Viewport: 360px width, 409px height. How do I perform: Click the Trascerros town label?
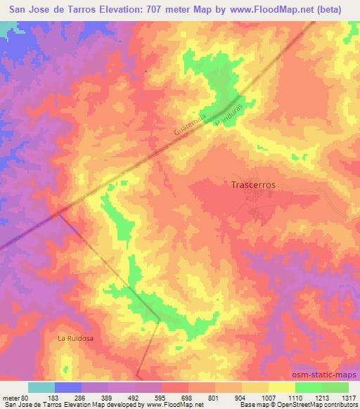click(x=252, y=185)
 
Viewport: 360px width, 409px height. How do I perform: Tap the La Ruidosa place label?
click(x=75, y=338)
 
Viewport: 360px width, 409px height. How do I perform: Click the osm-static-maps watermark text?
click(x=326, y=375)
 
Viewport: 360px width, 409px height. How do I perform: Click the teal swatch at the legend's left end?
click(x=41, y=387)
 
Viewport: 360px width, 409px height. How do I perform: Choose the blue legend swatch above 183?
click(x=68, y=387)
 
